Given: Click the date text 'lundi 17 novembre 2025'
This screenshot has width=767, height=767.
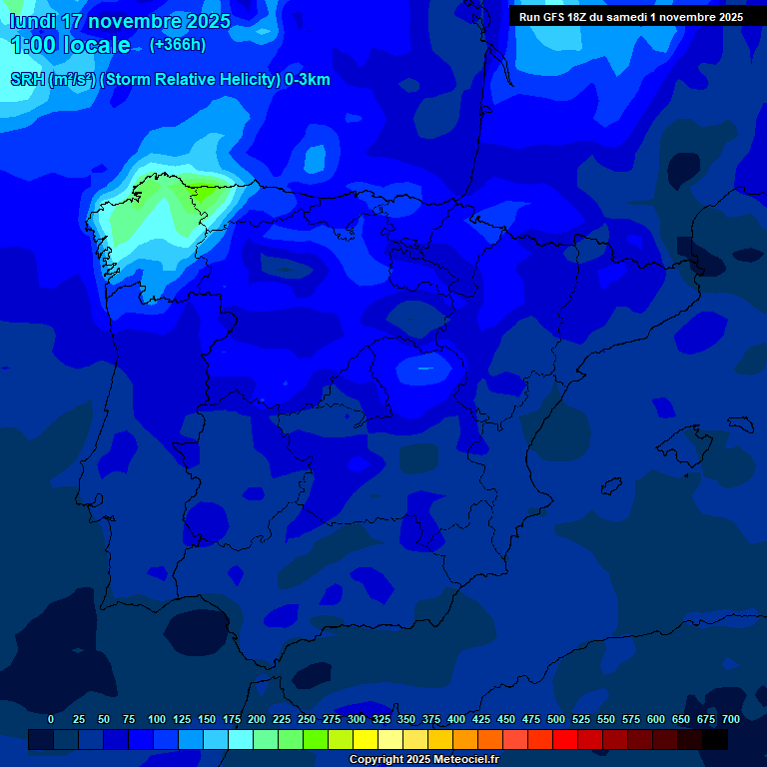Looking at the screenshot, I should point(120,21).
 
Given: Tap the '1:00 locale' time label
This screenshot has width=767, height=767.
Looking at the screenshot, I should point(70,45).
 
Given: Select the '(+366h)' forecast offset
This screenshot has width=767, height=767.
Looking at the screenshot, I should point(177,45).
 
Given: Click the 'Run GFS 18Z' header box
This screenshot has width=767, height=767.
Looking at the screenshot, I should point(631,16).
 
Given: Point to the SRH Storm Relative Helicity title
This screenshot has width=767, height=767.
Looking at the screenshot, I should point(170,80).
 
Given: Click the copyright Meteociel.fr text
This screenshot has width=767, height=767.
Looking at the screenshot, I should point(423,760).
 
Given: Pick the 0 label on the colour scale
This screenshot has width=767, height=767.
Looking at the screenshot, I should point(51,719).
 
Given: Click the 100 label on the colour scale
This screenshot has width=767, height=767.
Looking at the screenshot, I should point(157,719).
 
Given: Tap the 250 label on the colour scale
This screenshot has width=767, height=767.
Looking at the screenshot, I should point(307,719).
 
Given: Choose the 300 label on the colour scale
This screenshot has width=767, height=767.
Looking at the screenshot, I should point(357,719).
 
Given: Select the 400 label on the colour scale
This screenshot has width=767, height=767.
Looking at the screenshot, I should point(456,719).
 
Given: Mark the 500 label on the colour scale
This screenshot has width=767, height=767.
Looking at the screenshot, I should point(556,719).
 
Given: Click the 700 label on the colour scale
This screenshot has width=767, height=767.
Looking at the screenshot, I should point(731,719).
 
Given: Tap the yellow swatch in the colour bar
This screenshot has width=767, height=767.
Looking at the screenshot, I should point(366,740).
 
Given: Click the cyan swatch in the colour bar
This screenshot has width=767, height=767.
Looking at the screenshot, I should point(241,740).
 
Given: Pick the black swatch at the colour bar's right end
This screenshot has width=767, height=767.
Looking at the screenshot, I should point(715,740).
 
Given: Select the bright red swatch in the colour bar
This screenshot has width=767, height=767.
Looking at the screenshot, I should point(565,740).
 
